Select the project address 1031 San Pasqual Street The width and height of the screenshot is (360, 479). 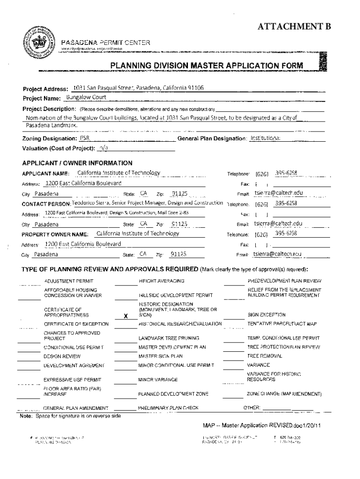click(138, 88)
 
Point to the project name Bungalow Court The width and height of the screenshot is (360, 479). click(86, 97)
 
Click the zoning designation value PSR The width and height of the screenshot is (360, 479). click(84, 138)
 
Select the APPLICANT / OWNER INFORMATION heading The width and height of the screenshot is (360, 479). click(77, 163)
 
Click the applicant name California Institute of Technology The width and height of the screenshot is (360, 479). click(119, 173)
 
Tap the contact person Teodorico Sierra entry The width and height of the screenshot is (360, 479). click(148, 203)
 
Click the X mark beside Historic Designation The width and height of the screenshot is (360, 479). click(125, 316)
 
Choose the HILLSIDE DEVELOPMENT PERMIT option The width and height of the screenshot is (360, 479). click(176, 295)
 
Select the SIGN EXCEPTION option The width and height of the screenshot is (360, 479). click(266, 315)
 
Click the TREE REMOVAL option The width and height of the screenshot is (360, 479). click(265, 356)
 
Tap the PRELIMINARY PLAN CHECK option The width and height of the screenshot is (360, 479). click(168, 408)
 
